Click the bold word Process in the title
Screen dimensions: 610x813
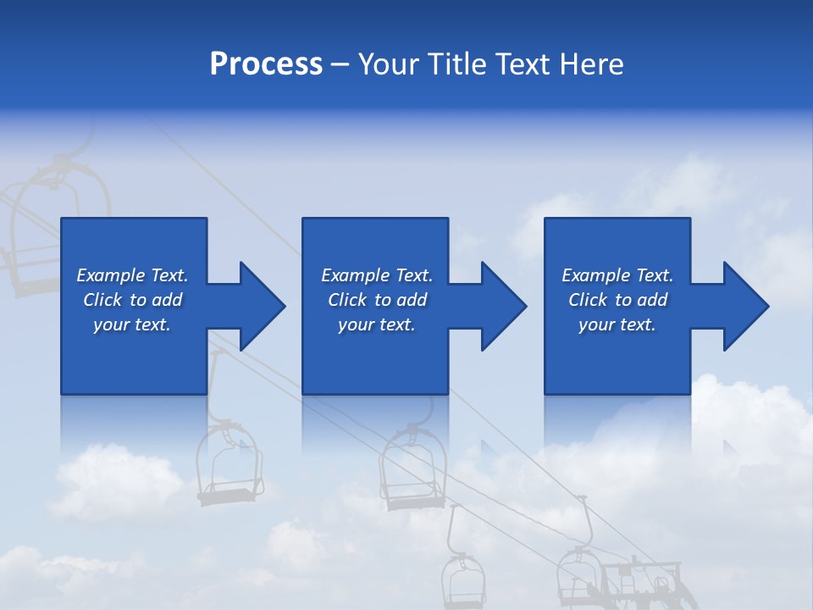coord(266,64)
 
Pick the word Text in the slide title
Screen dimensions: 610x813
coord(524,64)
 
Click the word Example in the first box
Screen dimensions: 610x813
coord(111,275)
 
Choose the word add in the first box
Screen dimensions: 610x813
coord(167,300)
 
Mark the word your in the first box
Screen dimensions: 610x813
coord(110,324)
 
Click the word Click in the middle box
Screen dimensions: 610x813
coord(347,300)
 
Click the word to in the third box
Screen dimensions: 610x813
coord(624,300)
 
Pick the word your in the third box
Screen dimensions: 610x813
coord(595,324)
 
